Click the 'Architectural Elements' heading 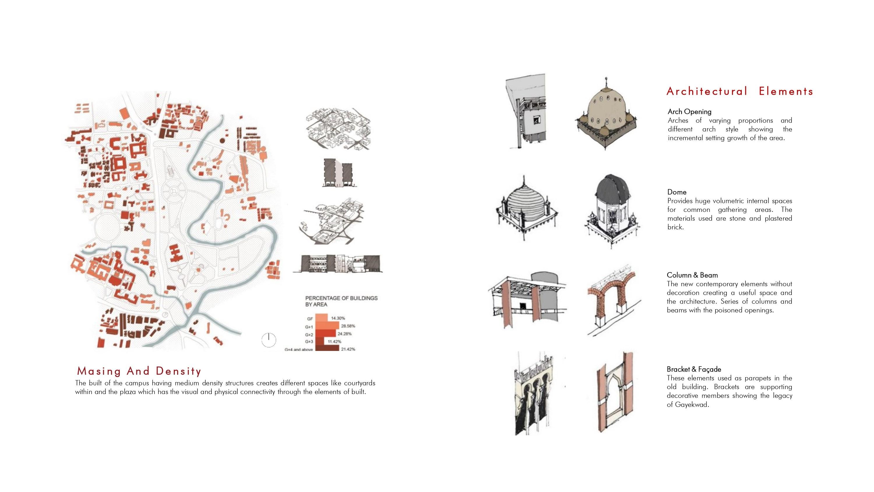(740, 91)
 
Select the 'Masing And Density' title (139, 371)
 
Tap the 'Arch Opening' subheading (689, 112)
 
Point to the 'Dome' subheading (677, 192)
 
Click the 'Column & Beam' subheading (692, 275)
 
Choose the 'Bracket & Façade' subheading (694, 369)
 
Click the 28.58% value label (348, 326)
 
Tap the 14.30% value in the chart (338, 318)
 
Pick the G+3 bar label (309, 342)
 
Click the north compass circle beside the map (269, 340)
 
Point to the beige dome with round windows (606, 114)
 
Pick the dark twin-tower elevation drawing (338, 173)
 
